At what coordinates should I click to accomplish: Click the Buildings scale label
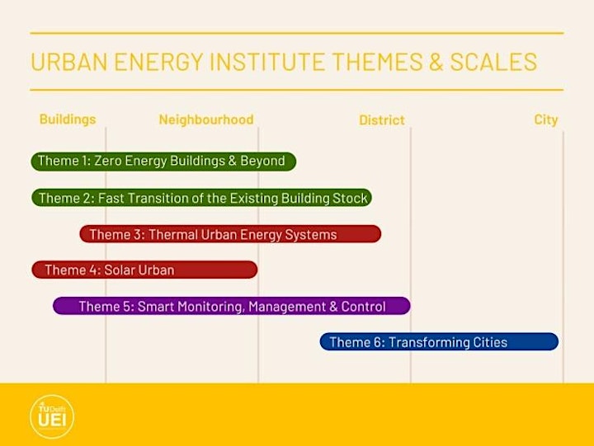click(68, 120)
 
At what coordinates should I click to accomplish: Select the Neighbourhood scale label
click(206, 120)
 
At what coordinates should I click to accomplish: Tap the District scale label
click(382, 120)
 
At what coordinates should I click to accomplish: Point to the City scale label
click(546, 120)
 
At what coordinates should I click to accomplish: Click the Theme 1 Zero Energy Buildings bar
click(163, 162)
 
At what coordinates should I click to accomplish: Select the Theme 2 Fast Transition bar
click(201, 198)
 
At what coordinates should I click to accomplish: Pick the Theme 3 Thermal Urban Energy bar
click(230, 234)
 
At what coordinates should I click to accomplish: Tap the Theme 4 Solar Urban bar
click(144, 270)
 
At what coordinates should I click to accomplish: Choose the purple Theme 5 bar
click(232, 306)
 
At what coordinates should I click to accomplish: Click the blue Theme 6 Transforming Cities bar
click(439, 342)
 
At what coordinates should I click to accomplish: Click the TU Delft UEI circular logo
click(52, 417)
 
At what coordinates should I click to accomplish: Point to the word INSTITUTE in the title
click(267, 62)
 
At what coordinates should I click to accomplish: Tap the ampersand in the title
click(436, 62)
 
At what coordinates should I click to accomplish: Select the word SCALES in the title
click(493, 62)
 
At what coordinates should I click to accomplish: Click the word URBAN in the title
click(69, 62)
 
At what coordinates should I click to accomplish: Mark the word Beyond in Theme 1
click(262, 161)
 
